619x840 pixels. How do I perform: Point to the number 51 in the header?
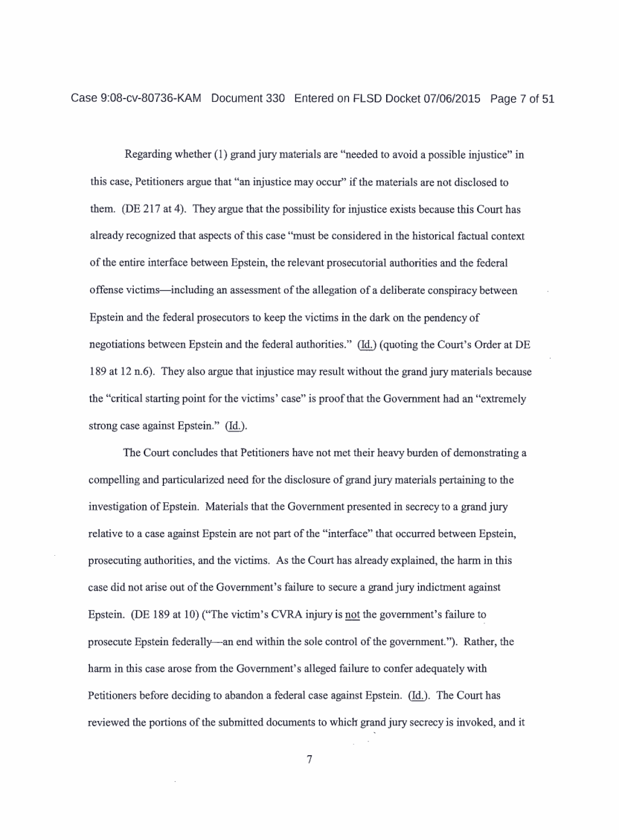click(x=548, y=98)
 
